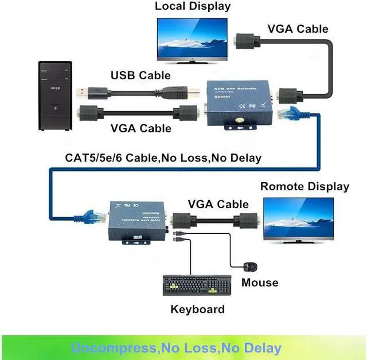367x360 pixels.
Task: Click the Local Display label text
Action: point(193,7)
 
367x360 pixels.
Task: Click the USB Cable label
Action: point(140,75)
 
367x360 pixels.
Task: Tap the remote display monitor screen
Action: point(298,217)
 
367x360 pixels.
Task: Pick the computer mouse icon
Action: point(251,267)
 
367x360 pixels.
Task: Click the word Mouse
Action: point(259,282)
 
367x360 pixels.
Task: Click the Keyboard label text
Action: point(197,310)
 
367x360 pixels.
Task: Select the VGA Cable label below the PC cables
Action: point(140,128)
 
